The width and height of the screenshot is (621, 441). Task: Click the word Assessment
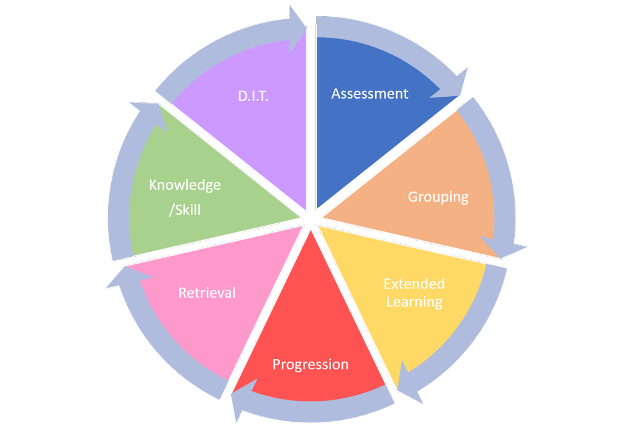[x=369, y=94]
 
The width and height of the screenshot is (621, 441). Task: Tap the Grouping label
[x=438, y=197]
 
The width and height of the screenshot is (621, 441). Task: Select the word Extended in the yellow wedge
[x=414, y=284]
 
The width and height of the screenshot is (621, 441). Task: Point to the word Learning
[x=414, y=302]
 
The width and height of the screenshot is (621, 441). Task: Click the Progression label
[x=310, y=364]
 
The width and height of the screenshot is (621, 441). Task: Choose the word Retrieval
[x=207, y=293]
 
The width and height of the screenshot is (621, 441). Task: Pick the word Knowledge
[x=184, y=185]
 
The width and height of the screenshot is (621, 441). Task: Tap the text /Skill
[x=184, y=210]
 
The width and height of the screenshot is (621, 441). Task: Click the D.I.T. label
[x=253, y=97]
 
